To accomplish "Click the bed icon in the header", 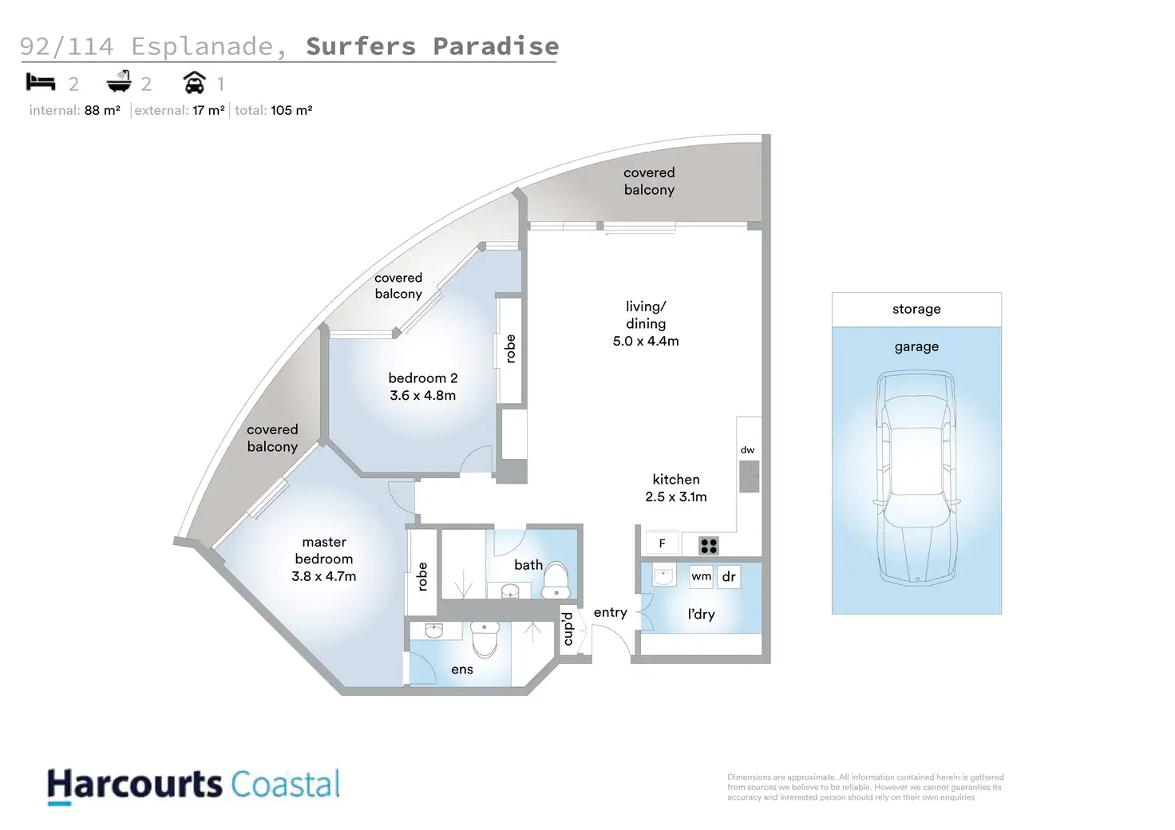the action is tap(40, 81).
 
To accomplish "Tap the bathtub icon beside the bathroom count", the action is tap(119, 81).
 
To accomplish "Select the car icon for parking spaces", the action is tap(194, 82).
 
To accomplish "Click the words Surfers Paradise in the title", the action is tap(432, 46).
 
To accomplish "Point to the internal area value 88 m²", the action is tap(102, 110).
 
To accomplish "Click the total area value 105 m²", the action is tap(291, 110).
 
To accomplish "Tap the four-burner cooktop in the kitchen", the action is tap(709, 546).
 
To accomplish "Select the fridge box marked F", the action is tap(662, 543).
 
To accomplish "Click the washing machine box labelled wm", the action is tap(701, 576).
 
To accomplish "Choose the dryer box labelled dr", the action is tap(729, 576).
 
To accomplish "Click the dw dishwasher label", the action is tap(747, 449).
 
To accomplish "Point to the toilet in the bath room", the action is tap(556, 581).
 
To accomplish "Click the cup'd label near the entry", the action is tap(568, 628).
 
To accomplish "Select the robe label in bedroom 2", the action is tap(510, 349).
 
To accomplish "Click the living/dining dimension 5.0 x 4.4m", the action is tap(646, 341).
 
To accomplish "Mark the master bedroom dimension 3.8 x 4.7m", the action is tap(323, 576).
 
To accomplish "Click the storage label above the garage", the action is tap(916, 309).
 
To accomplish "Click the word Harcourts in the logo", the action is tap(134, 785).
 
